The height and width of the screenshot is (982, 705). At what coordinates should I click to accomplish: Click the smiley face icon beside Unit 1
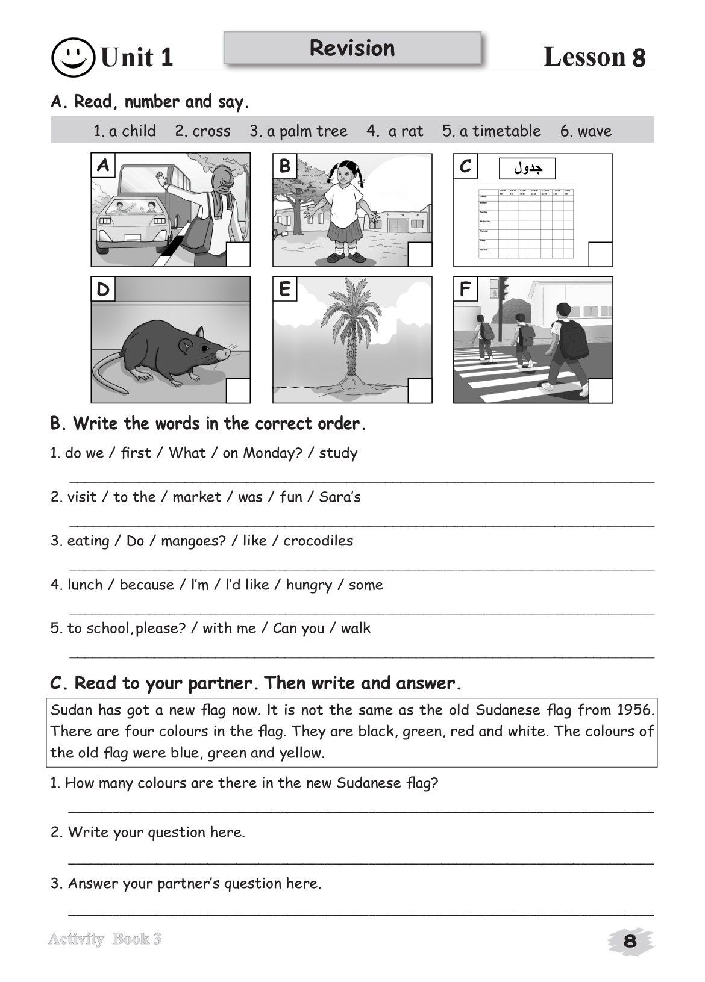[x=73, y=57]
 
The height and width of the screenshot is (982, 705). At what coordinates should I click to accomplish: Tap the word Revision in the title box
[x=352, y=48]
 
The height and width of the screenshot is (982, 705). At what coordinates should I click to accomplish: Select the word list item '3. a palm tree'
[x=298, y=131]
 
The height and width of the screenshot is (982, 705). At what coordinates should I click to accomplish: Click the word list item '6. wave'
[x=586, y=131]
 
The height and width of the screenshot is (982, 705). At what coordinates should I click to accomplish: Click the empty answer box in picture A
[x=238, y=254]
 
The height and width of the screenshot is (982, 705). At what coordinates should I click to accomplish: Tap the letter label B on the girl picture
[x=284, y=166]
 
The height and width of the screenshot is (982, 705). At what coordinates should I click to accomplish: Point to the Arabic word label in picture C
[x=527, y=169]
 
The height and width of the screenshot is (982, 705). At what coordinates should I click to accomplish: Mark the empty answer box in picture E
[x=420, y=390]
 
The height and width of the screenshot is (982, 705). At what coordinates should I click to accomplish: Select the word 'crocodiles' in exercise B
[x=318, y=541]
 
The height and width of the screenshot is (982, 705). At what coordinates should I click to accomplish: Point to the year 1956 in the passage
[x=635, y=710]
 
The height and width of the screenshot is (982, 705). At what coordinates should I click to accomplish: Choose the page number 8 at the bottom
[x=630, y=941]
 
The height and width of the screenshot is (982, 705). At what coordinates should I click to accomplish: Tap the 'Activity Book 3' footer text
[x=105, y=939]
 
